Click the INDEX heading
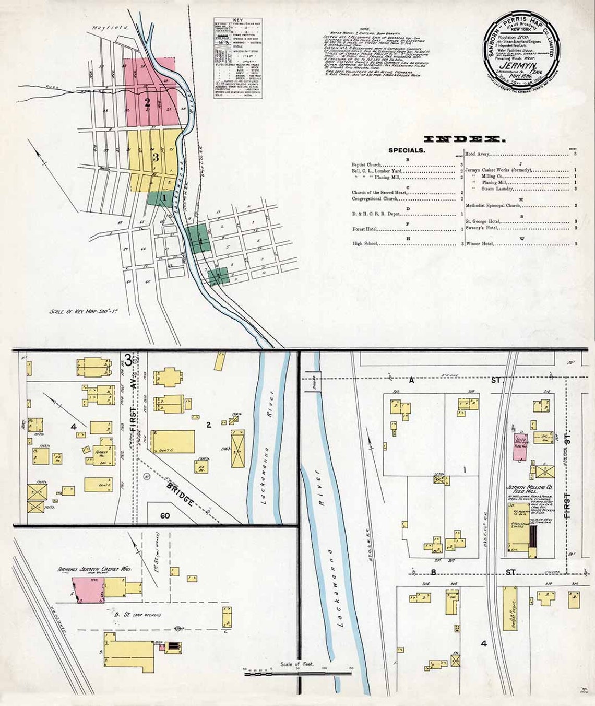point(464,139)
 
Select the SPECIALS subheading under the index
point(407,150)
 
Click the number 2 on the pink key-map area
point(148,102)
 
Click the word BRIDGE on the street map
point(181,494)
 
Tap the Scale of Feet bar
point(297,674)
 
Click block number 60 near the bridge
point(165,516)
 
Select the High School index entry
point(365,244)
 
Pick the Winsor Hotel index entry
point(480,243)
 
